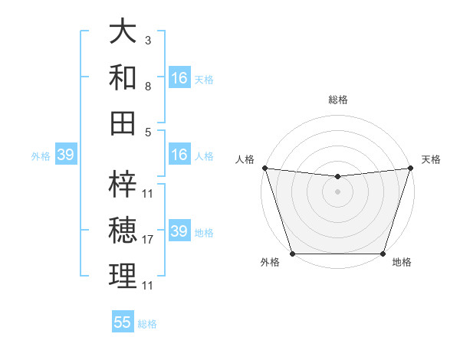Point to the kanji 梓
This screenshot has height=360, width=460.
pyautogui.click(x=123, y=184)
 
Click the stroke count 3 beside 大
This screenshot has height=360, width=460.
pyautogui.click(x=148, y=40)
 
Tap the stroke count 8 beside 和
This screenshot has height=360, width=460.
pyautogui.click(x=148, y=87)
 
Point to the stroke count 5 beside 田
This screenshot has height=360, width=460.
pyautogui.click(x=148, y=131)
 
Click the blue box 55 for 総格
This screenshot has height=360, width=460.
pyautogui.click(x=123, y=322)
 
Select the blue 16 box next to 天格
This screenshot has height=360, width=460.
pyautogui.click(x=179, y=78)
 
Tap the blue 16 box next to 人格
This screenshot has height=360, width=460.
pyautogui.click(x=179, y=155)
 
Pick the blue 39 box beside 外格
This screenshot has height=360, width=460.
pyautogui.click(x=65, y=155)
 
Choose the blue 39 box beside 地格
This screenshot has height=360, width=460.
pyautogui.click(x=179, y=231)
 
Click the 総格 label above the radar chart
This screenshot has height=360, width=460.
pyautogui.click(x=337, y=100)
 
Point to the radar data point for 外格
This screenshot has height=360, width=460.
pyautogui.click(x=292, y=254)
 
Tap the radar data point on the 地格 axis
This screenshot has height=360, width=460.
pyautogui.click(x=383, y=254)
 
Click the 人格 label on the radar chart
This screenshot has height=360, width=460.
pyautogui.click(x=245, y=159)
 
